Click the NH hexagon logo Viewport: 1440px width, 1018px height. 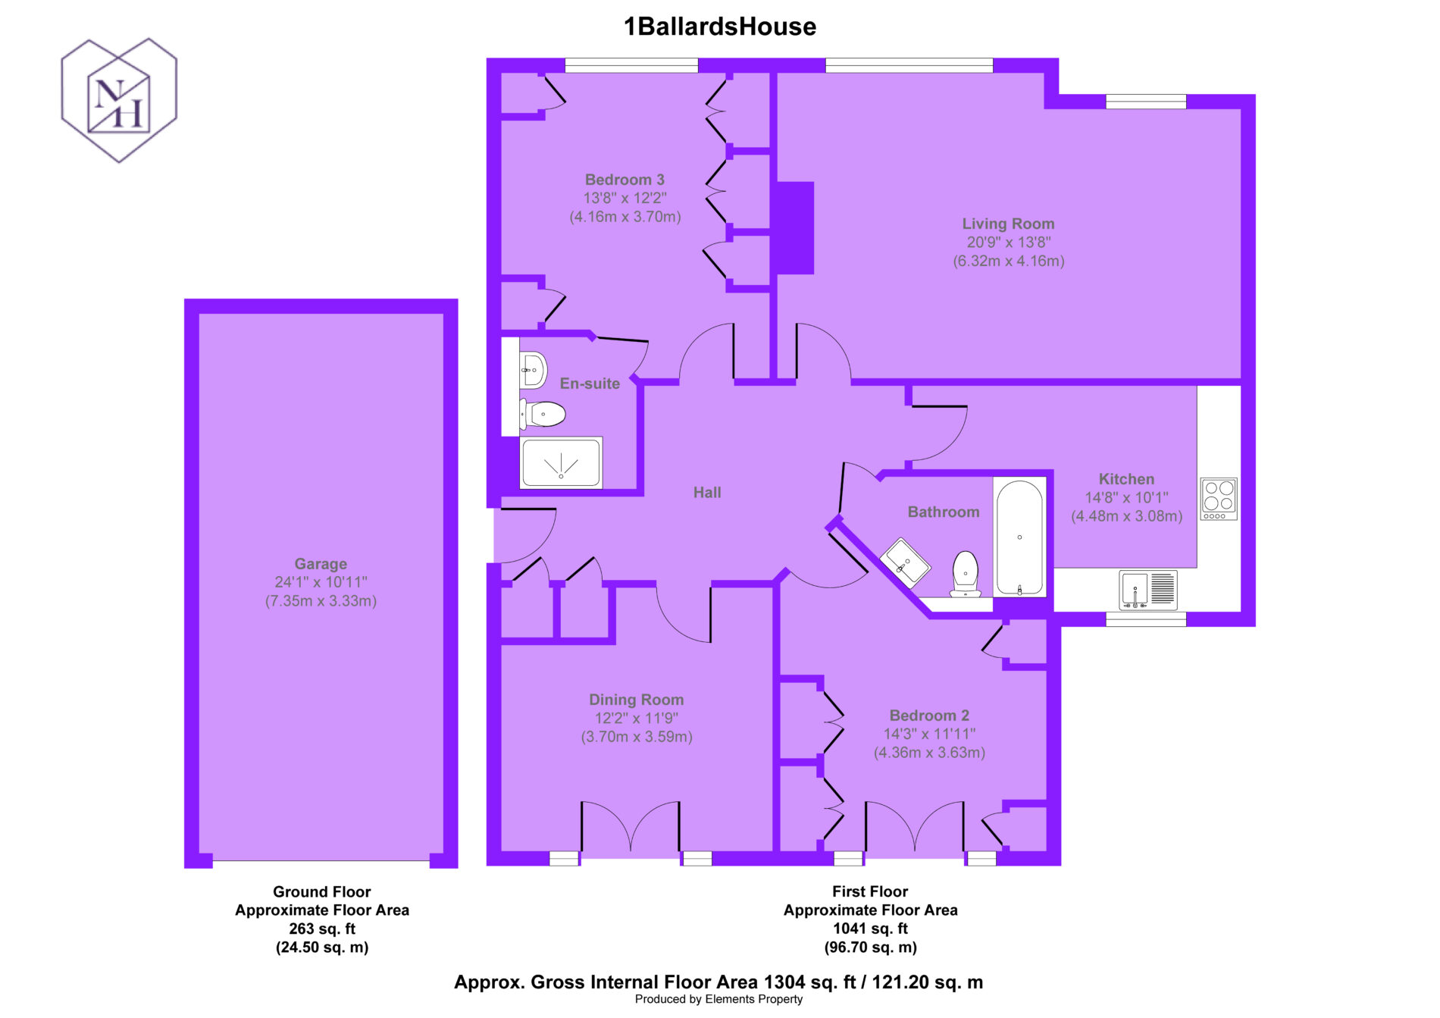[119, 100]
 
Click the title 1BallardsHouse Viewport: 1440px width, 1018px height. [720, 27]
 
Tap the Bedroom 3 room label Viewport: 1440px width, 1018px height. [625, 180]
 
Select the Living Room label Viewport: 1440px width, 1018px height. [1008, 224]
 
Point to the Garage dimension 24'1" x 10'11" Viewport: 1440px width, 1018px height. [321, 582]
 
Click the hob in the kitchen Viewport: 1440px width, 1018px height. [1219, 499]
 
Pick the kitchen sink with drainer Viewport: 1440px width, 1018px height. [1148, 590]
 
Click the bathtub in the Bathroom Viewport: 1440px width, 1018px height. [1019, 537]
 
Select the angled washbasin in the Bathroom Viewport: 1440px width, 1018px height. [905, 562]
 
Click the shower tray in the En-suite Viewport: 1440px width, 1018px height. [561, 462]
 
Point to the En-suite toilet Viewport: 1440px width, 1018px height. [543, 415]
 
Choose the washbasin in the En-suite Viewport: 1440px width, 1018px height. [533, 371]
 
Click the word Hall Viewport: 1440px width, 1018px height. [707, 493]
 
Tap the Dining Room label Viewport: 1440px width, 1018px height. [637, 700]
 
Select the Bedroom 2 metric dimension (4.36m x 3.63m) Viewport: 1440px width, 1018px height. [929, 753]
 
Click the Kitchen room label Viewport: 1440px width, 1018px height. [1126, 479]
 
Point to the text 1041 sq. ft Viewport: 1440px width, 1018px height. [870, 929]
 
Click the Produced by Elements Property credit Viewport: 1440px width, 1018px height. [718, 999]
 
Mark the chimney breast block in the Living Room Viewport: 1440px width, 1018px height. [793, 227]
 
